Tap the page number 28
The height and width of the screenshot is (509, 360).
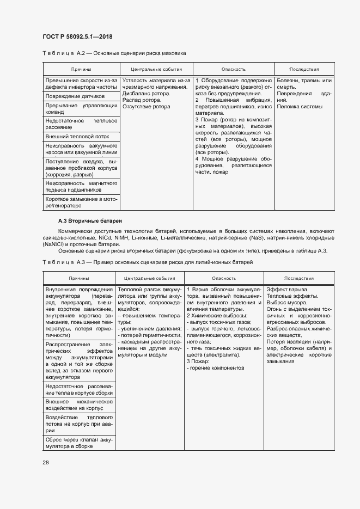click(x=46, y=462)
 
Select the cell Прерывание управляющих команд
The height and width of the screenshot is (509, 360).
click(x=81, y=108)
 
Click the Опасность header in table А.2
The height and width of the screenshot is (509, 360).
click(x=233, y=70)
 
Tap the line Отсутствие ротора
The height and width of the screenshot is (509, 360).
click(x=147, y=107)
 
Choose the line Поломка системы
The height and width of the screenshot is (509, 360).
click(x=300, y=107)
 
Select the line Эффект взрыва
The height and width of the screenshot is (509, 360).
click(x=288, y=289)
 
